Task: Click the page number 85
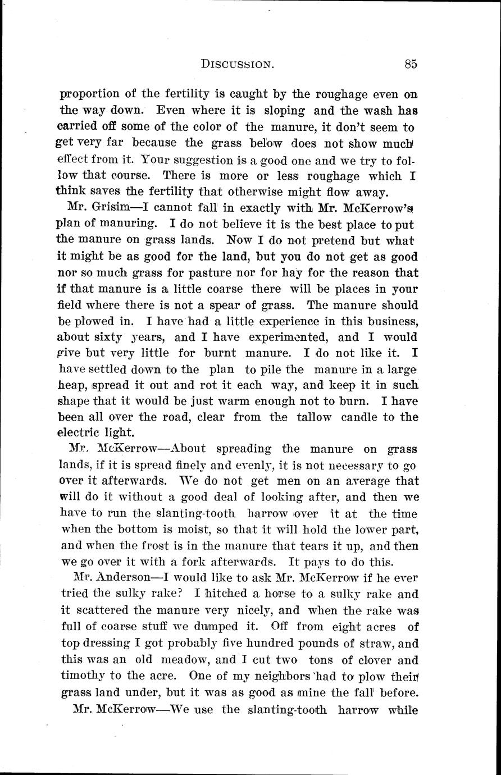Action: pyautogui.click(x=410, y=65)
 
